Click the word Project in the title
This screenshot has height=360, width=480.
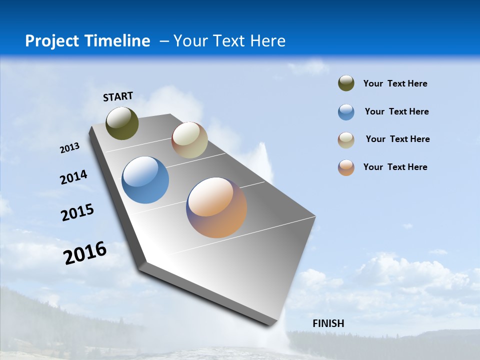pyautogui.click(x=51, y=41)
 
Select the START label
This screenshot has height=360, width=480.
pyautogui.click(x=118, y=96)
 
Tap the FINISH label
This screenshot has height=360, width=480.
pyautogui.click(x=328, y=323)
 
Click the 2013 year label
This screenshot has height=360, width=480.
pyautogui.click(x=70, y=148)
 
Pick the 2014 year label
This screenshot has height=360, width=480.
pyautogui.click(x=74, y=177)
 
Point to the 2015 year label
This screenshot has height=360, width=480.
pyautogui.click(x=77, y=212)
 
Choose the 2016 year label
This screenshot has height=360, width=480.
pyautogui.click(x=85, y=253)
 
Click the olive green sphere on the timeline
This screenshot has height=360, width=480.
pyautogui.click(x=122, y=123)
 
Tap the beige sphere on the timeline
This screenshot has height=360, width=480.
pyautogui.click(x=189, y=140)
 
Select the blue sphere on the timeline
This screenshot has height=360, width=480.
pyautogui.click(x=145, y=180)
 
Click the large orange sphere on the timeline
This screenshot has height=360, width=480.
pyautogui.click(x=216, y=207)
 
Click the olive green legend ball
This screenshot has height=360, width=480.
pyautogui.click(x=346, y=83)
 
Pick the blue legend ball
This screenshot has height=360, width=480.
pyautogui.click(x=346, y=112)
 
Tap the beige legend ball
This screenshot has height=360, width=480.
pyautogui.click(x=346, y=140)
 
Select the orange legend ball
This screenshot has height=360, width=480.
pyautogui.click(x=346, y=167)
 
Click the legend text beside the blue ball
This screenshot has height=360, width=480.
pyautogui.click(x=396, y=111)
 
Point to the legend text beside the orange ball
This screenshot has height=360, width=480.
pyautogui.click(x=395, y=167)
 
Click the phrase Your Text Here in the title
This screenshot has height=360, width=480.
pyautogui.click(x=229, y=41)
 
